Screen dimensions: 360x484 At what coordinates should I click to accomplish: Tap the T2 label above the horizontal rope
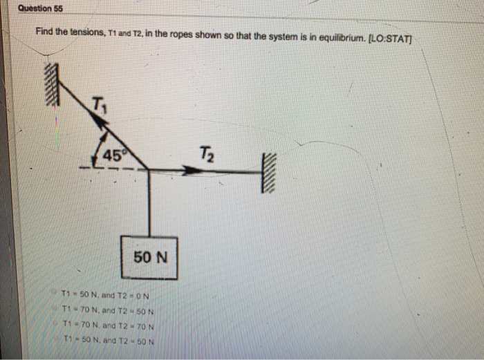coord(206,153)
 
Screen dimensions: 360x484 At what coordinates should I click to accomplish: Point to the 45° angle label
coord(111,156)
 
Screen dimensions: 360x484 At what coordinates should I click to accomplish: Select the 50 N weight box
coord(150,256)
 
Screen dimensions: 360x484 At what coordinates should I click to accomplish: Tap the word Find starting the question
coord(46,34)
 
